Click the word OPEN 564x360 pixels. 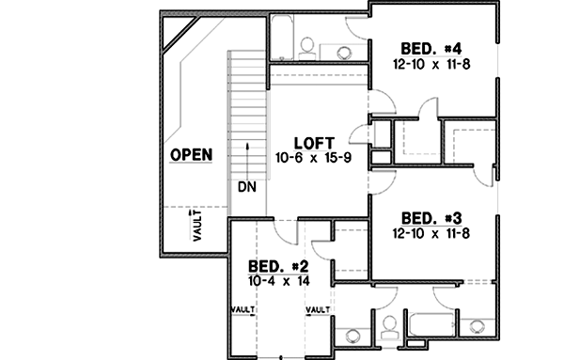191,154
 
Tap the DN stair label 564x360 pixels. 247,187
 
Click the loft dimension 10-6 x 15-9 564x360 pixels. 314,157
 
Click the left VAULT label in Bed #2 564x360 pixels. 243,307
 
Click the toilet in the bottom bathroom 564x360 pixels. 388,328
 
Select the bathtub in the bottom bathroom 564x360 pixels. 431,324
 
